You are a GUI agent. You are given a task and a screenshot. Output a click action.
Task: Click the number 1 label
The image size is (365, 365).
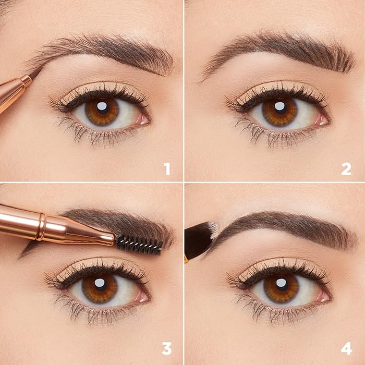click(x=167, y=168)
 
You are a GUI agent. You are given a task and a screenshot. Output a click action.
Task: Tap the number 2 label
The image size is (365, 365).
click(x=346, y=168)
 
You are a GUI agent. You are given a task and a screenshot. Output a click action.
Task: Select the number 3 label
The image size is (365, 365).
click(x=167, y=348)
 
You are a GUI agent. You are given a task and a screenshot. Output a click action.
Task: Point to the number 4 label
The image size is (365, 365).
click(x=346, y=348)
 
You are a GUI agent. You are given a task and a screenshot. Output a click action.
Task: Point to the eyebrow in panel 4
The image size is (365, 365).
click(x=282, y=225)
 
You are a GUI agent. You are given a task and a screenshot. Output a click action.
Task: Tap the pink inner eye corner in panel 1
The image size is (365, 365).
click(x=142, y=119)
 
